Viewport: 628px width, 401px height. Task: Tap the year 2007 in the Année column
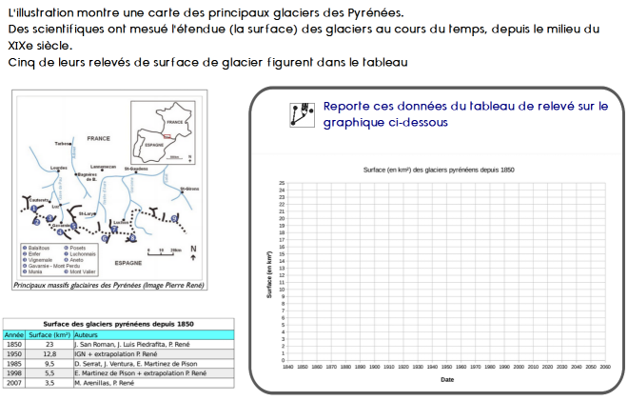point(14,382)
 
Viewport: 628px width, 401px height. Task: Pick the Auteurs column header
point(88,335)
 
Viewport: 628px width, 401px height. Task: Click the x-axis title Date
point(447,378)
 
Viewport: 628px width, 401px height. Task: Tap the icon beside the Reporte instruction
point(302,113)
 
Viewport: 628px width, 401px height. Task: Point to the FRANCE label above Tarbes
point(98,138)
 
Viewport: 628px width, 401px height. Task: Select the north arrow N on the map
point(193,251)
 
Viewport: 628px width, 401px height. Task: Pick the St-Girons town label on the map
point(188,189)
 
